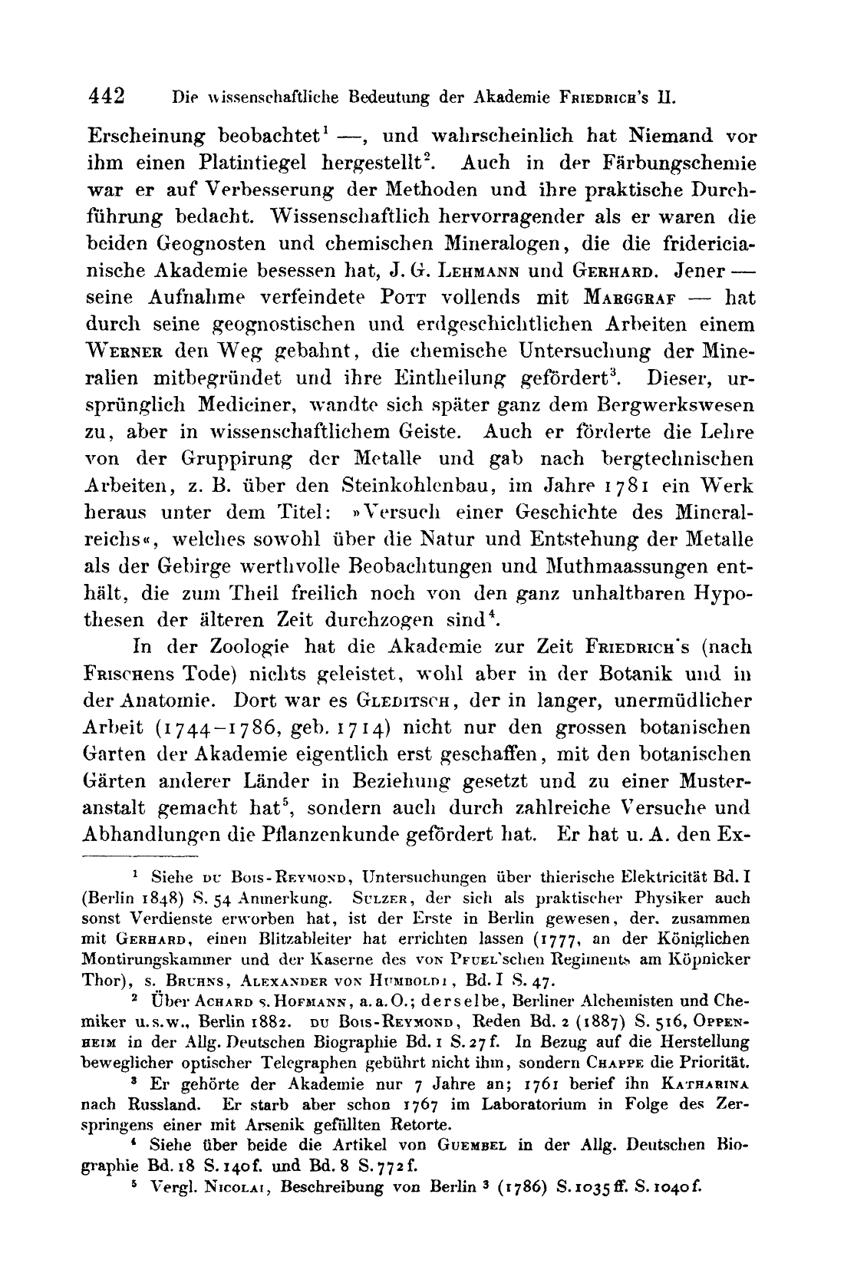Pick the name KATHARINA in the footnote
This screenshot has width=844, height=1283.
tap(704, 1083)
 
